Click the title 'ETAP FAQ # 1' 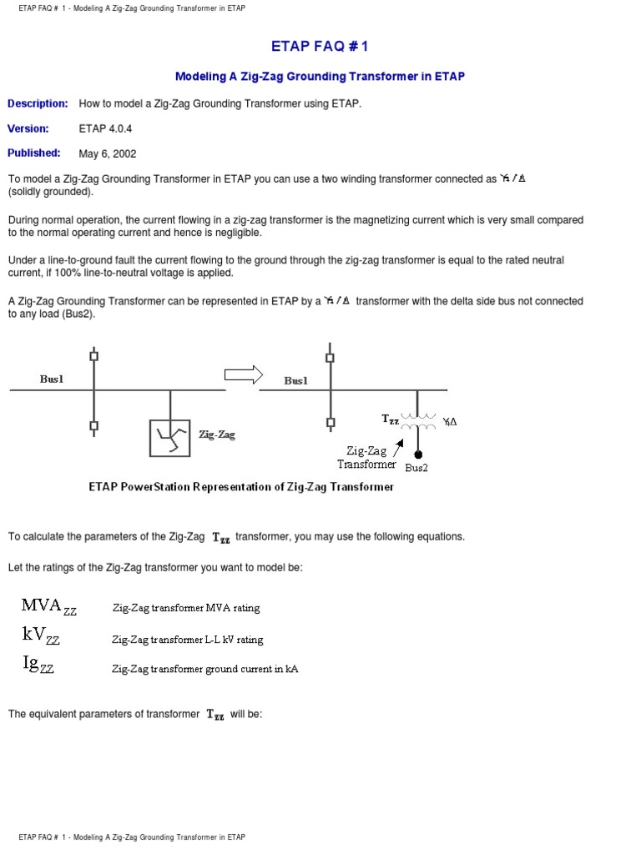(x=320, y=47)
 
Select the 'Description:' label (x=38, y=103)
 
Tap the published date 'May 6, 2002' (x=108, y=153)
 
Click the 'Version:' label (x=28, y=128)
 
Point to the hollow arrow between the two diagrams (x=244, y=375)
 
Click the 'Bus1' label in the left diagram (x=52, y=379)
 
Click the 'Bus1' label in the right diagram (x=295, y=380)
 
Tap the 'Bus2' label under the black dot (x=416, y=468)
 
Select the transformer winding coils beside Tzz (x=417, y=421)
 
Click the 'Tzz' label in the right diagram (x=391, y=419)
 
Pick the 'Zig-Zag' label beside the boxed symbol (x=217, y=435)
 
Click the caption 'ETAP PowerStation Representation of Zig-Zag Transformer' (x=241, y=487)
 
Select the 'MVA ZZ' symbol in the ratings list (x=49, y=606)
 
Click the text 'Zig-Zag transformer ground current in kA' (x=205, y=669)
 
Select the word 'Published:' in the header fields (x=34, y=153)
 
